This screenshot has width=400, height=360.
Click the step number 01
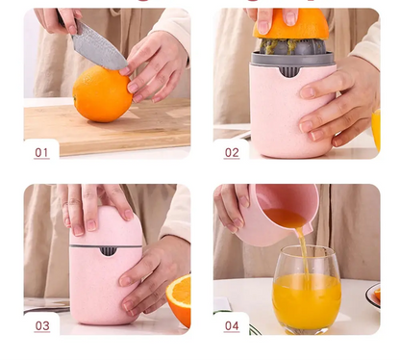pyautogui.click(x=41, y=152)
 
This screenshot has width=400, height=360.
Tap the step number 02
pyautogui.click(x=232, y=152)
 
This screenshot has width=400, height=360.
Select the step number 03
pyautogui.click(x=42, y=325)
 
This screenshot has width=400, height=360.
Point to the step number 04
pyautogui.click(x=232, y=325)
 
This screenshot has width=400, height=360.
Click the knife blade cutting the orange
pyautogui.click(x=98, y=49)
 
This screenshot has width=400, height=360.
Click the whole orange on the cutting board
pyautogui.click(x=102, y=94)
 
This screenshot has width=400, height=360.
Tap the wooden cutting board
pyautogui.click(x=107, y=128)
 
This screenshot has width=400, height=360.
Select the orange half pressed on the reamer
pyautogui.click(x=290, y=24)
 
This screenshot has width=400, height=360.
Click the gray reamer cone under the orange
pyautogui.click(x=291, y=47)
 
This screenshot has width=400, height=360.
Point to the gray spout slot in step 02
pyautogui.click(x=290, y=72)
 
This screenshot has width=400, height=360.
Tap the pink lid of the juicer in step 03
pyautogui.click(x=106, y=226)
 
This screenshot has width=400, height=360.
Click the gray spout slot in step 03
pyautogui.click(x=108, y=251)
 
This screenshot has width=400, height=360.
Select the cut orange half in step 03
pyautogui.click(x=179, y=300)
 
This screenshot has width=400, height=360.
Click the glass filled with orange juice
pyautogui.click(x=307, y=290)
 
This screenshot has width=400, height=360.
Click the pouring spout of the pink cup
pyautogui.click(x=307, y=227)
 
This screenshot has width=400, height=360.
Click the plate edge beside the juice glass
pyautogui.click(x=373, y=296)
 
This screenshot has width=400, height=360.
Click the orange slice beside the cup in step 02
pyautogui.click(x=376, y=129)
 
